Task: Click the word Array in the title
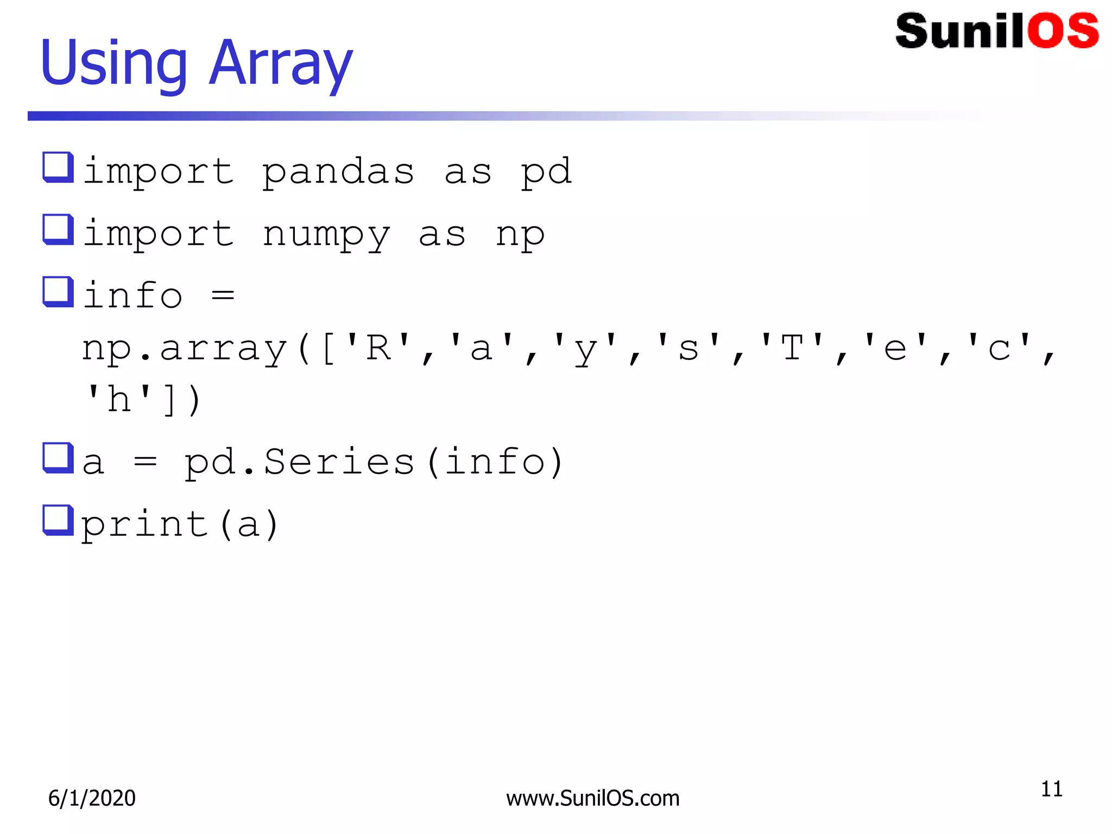281,64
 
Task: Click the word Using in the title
113,64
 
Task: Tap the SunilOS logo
997,31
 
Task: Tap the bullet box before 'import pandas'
58,167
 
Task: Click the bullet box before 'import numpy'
58,229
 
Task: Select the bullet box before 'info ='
58,292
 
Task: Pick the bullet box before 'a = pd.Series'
58,458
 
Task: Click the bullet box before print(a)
58,520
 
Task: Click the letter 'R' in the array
378,347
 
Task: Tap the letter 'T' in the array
792,347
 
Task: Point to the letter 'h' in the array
119,400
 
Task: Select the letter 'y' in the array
585,350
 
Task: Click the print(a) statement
180,525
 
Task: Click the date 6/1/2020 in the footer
92,798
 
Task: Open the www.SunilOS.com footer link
593,798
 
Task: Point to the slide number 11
1051,789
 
